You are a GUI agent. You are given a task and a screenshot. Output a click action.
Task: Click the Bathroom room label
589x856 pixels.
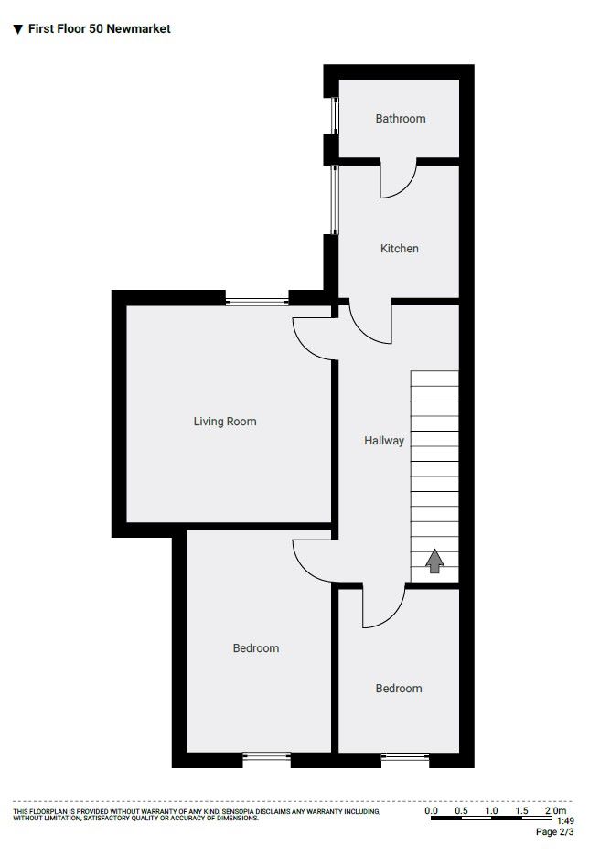click(x=401, y=119)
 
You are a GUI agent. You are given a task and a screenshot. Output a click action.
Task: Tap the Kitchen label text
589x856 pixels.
click(x=400, y=249)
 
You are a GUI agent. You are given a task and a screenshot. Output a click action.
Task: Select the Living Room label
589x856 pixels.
click(x=225, y=422)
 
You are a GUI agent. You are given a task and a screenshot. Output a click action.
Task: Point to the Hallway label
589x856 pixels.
click(x=384, y=441)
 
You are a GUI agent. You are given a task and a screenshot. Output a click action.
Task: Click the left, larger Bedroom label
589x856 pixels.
click(x=256, y=648)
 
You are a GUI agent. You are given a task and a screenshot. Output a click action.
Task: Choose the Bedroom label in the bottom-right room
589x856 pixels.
click(x=399, y=689)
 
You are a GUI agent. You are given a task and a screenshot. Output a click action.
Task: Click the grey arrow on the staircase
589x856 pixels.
click(x=434, y=561)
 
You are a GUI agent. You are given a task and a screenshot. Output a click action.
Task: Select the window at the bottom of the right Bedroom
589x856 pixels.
click(x=405, y=756)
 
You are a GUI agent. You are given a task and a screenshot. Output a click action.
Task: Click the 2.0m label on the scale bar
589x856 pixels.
click(x=555, y=811)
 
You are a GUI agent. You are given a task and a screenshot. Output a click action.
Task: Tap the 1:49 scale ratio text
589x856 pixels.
click(x=565, y=821)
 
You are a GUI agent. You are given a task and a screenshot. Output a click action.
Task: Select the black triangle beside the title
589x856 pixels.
click(x=17, y=29)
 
